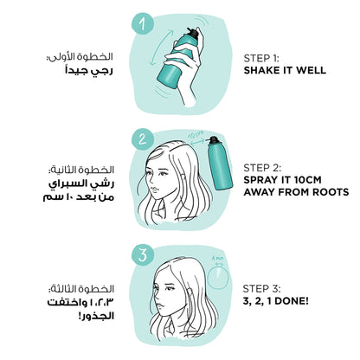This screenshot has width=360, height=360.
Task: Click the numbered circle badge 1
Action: tap(143, 23)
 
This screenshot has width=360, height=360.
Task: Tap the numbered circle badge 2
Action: tap(143, 139)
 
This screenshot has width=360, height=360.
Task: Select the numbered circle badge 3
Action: tap(143, 255)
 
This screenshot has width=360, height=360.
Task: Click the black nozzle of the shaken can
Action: tap(193, 33)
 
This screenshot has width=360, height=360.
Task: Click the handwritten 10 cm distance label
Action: tap(196, 134)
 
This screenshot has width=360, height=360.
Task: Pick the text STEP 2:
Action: tap(262, 168)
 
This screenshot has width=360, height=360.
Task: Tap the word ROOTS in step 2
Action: tap(331, 192)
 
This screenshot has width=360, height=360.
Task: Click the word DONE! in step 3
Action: tap(292, 301)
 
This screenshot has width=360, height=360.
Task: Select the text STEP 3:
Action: tap(261, 289)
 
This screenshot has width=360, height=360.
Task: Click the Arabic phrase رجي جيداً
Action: tap(89, 71)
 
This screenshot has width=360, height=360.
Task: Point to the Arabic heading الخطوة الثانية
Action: tap(81, 170)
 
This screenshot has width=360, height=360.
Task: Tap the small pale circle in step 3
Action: tap(218, 278)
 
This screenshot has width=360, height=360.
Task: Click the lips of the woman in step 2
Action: tap(154, 190)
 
